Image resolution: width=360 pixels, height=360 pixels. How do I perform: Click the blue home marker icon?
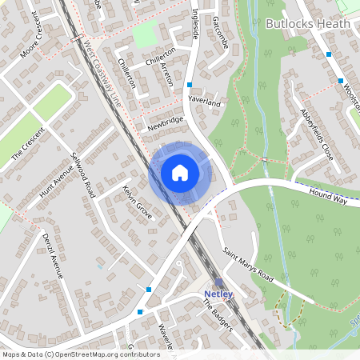point(179,172)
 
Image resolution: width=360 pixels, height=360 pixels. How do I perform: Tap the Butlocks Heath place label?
point(307,23)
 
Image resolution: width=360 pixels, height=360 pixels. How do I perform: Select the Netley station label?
point(218,294)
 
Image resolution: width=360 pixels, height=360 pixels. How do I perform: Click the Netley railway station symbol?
point(218,282)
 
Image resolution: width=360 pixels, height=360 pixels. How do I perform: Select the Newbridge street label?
point(165,123)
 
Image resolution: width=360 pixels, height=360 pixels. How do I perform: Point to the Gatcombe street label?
point(221,32)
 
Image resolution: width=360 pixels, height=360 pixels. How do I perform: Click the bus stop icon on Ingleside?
point(190,84)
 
